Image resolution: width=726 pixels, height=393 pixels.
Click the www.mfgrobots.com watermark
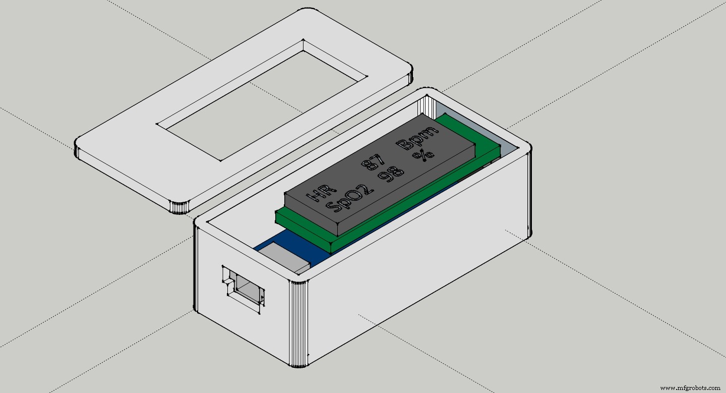point(690,388)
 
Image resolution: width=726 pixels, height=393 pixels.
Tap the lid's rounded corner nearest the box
point(180,207)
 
